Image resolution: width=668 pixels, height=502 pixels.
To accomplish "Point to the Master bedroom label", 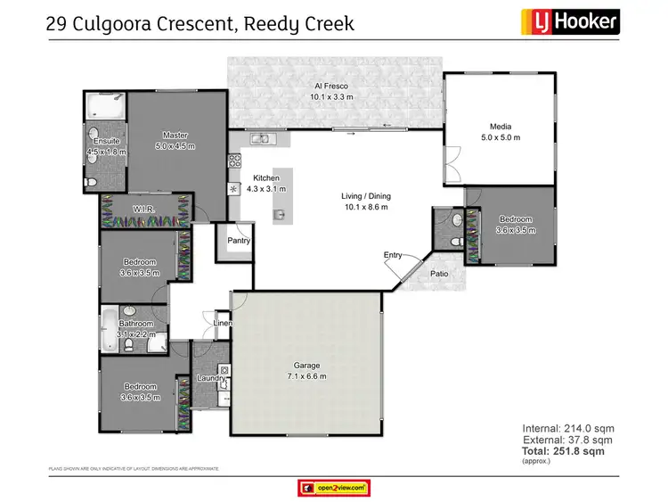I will [175, 135].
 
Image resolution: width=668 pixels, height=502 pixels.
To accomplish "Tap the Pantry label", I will [238, 241].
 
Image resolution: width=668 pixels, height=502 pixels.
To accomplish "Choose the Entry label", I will [393, 255].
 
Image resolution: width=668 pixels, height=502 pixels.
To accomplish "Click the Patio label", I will [439, 274].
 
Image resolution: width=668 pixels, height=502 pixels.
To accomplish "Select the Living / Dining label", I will [365, 196].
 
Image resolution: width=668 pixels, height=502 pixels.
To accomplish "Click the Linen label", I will [223, 323].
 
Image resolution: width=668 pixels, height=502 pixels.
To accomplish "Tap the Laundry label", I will [210, 378].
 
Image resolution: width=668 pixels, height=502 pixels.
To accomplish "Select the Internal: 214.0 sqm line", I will [567, 429].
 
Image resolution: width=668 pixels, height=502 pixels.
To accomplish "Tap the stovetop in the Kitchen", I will [235, 161].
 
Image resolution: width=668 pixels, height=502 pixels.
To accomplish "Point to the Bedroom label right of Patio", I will [515, 219].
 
